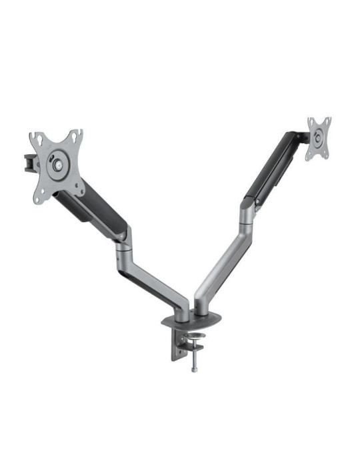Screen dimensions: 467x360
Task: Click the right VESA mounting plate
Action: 319,139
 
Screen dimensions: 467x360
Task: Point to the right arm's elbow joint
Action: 245,212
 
